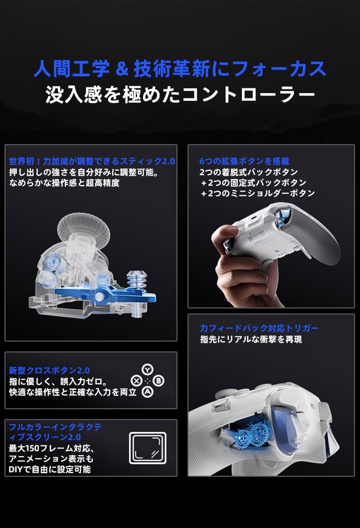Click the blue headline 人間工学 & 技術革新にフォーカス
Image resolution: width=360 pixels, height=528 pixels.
[x=180, y=69]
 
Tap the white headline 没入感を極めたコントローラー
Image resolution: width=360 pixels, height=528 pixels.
[x=180, y=94]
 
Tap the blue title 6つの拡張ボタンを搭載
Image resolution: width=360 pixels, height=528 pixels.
[x=244, y=161]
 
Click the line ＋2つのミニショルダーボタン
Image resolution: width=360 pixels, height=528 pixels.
[x=258, y=193]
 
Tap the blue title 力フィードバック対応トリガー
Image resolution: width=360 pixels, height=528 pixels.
[x=259, y=328]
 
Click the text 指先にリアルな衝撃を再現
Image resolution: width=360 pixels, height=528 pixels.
[x=251, y=339]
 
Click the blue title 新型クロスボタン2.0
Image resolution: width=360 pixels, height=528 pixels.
[x=49, y=371]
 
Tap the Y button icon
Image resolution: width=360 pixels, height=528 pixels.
[x=147, y=370]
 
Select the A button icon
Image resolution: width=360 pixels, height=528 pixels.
[x=147, y=392]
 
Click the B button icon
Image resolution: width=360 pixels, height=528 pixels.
[x=159, y=381]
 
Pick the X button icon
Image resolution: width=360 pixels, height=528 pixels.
[x=136, y=381]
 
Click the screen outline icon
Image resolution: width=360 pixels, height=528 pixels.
[x=148, y=448]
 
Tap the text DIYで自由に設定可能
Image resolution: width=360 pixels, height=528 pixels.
[x=50, y=469]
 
